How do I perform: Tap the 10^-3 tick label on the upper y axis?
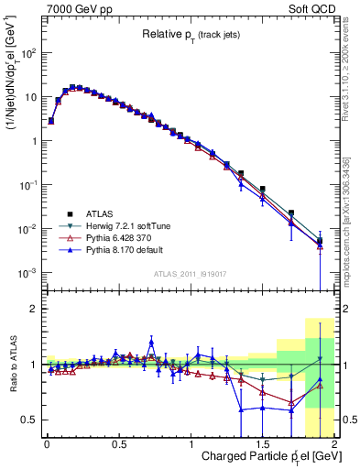coord(25,273)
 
